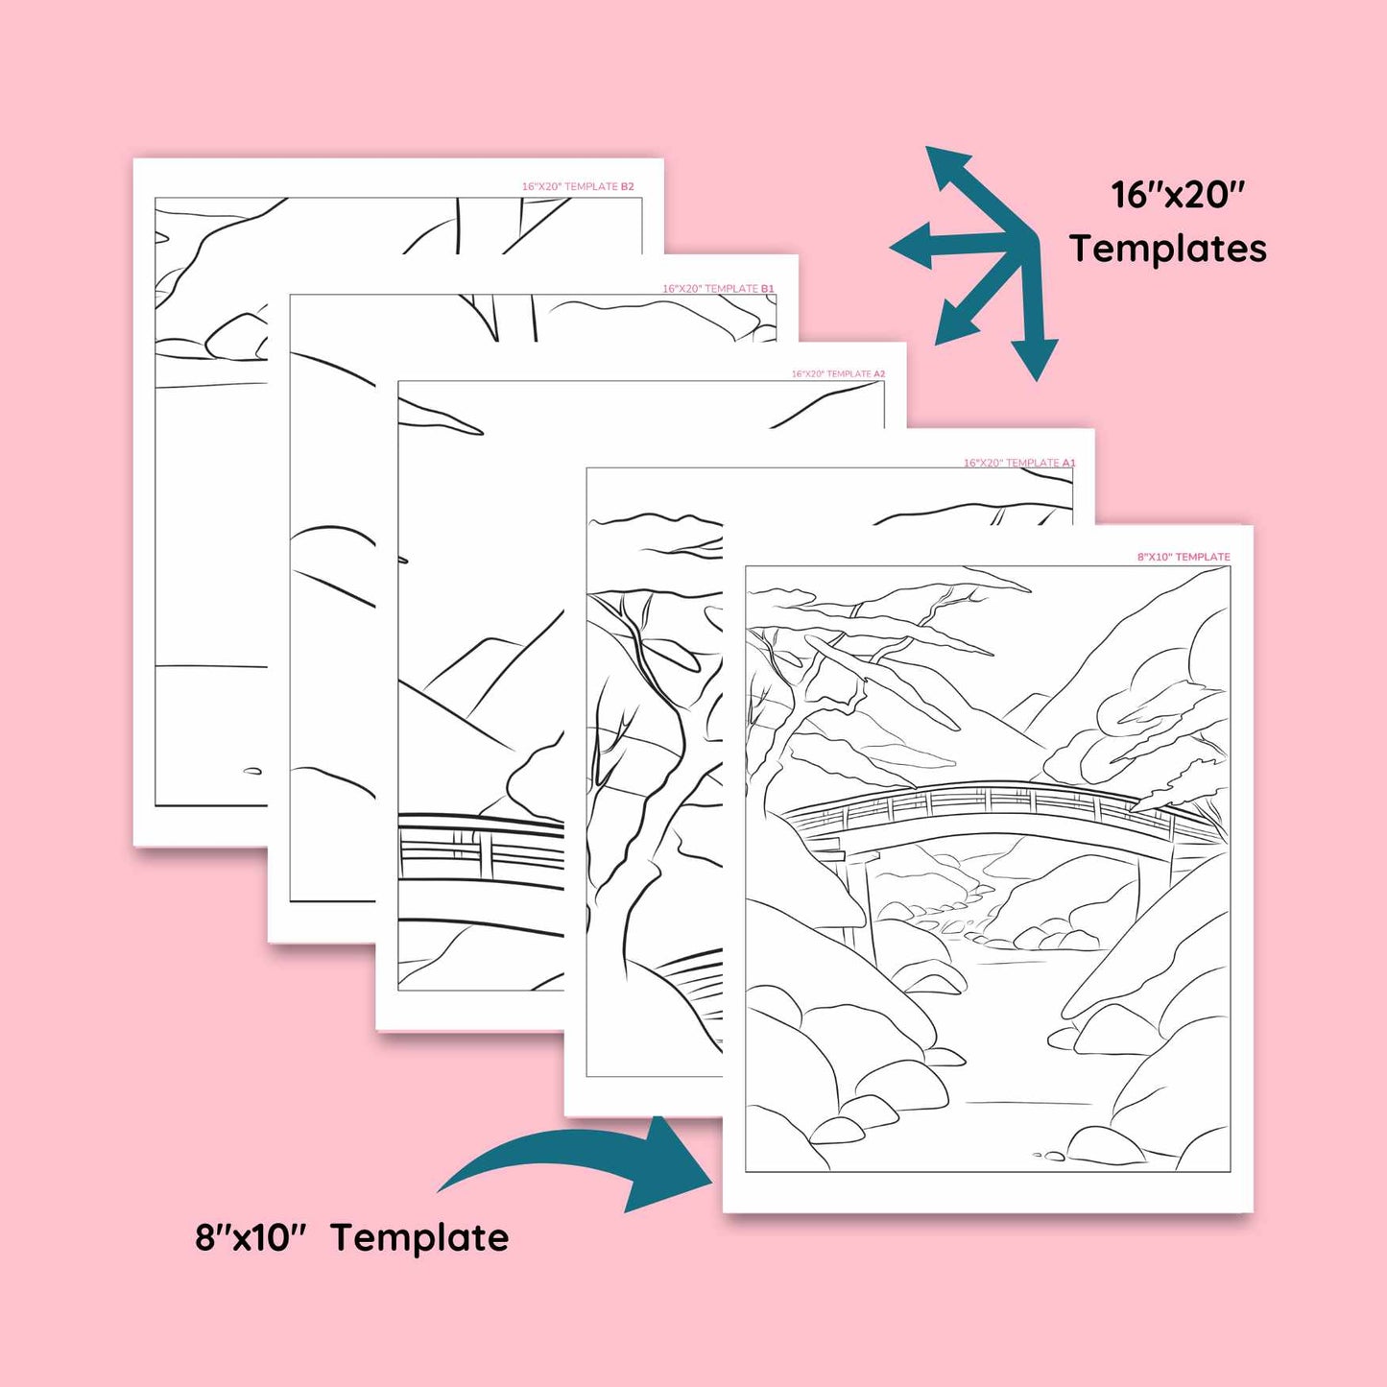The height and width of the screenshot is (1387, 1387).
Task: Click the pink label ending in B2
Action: tap(578, 186)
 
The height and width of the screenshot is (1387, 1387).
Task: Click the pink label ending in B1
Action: tap(718, 289)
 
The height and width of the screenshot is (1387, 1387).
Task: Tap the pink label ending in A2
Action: tap(839, 374)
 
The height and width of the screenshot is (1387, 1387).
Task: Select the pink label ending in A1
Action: tap(1019, 463)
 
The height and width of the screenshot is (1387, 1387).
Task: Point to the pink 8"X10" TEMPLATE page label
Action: tap(1184, 557)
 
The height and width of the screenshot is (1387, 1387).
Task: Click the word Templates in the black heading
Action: tap(1167, 249)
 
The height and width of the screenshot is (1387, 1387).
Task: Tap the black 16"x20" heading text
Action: tap(1178, 194)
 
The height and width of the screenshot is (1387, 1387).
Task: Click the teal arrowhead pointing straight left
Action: tap(912, 246)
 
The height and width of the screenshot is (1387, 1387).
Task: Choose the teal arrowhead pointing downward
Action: tap(1035, 359)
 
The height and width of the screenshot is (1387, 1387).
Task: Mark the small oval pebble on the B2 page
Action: tap(251, 772)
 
